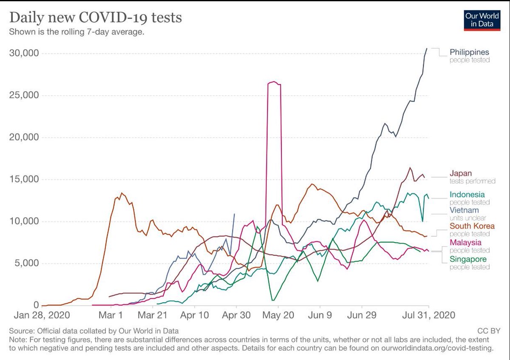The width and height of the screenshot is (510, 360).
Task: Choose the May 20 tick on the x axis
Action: tap(278, 316)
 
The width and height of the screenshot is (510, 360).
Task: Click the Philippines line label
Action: tap(470, 52)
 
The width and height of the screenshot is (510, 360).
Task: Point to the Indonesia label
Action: tap(467, 195)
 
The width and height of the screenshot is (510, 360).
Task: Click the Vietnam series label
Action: tap(464, 210)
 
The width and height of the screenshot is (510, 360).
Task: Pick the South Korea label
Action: tap(472, 226)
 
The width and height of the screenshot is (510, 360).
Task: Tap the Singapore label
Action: tap(468, 259)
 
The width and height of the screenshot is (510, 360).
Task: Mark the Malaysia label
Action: tap(466, 242)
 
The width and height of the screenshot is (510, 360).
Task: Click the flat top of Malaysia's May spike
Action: tap(274, 82)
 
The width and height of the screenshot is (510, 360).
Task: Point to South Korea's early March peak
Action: tap(122, 193)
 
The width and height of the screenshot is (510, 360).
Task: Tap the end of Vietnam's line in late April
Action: tap(234, 214)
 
